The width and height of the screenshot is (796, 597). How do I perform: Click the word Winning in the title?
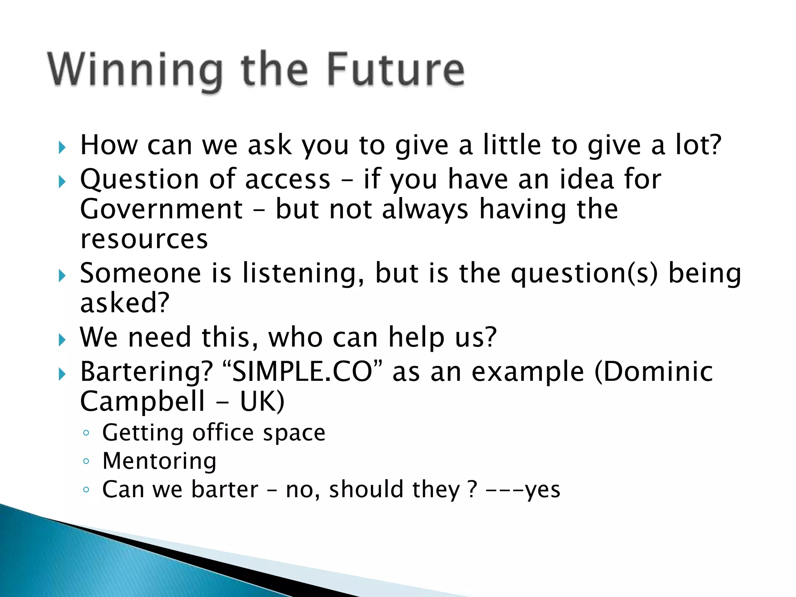[135, 70]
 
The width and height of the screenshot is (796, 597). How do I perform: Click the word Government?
[161, 209]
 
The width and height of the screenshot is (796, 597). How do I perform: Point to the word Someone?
[140, 273]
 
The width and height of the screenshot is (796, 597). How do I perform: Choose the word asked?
[125, 303]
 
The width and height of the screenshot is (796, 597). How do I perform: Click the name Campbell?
[142, 401]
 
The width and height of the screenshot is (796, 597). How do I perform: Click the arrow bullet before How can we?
[62, 147]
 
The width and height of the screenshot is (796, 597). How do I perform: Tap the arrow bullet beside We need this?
[62, 340]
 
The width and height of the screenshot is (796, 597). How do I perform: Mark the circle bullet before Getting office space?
[86, 433]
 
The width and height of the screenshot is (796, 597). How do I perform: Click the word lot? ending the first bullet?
[698, 145]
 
